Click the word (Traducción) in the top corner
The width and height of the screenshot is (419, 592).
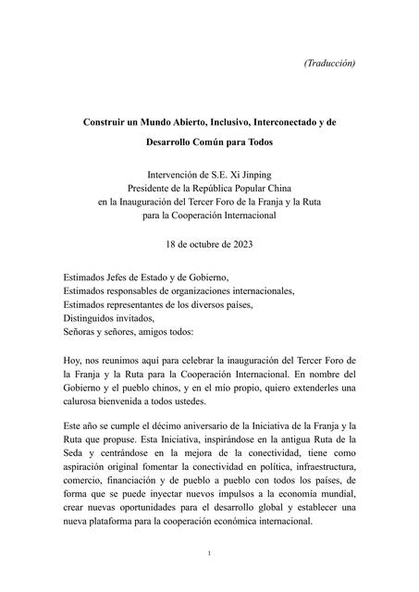[x=329, y=63]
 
